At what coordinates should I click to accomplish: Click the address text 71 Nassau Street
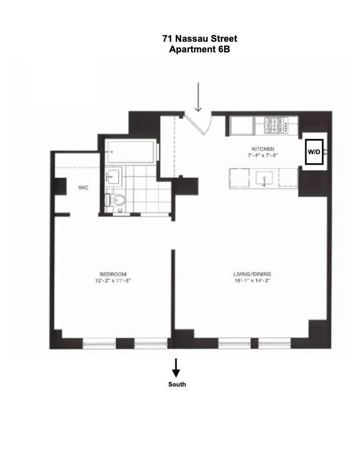pos(199,39)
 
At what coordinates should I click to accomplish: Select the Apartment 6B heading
pos(199,49)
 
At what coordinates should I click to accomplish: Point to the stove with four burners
pos(275,125)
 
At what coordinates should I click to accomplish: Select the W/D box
pos(314,152)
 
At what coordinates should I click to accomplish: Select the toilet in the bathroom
pos(115,200)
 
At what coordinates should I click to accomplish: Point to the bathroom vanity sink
pos(114,176)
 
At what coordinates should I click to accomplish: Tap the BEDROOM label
pos(113,274)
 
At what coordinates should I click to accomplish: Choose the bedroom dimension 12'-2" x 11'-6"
pos(113,281)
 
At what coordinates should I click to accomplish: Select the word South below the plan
pos(176,384)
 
